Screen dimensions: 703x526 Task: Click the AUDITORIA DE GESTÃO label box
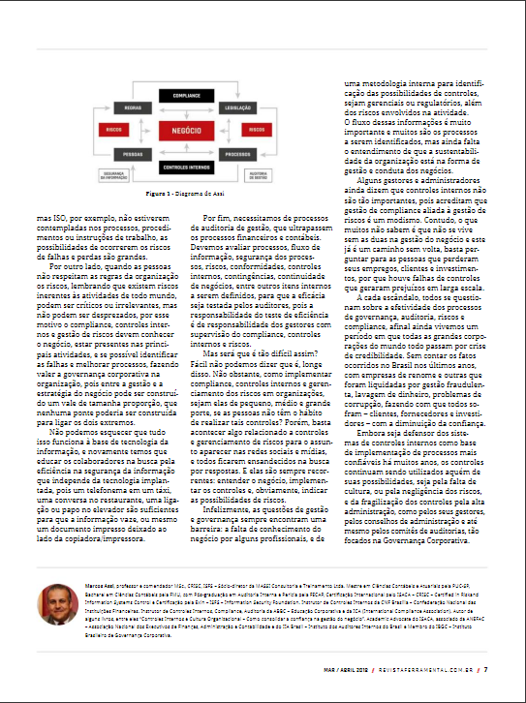click(259, 175)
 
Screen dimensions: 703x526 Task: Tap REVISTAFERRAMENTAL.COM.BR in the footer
click(435, 668)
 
